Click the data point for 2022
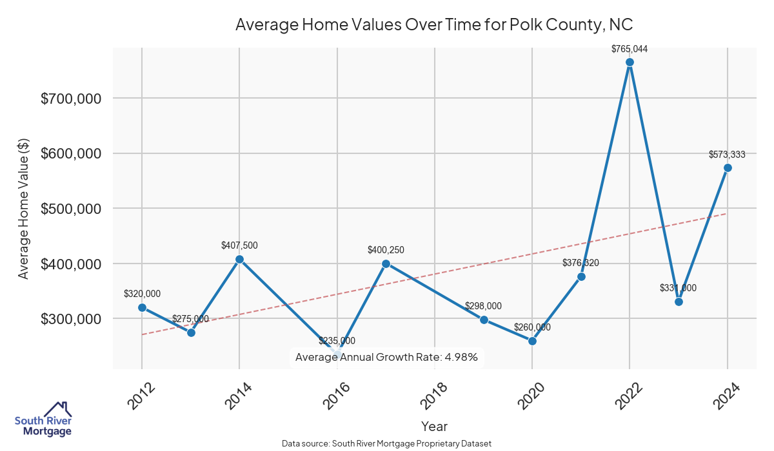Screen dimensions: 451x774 coord(630,62)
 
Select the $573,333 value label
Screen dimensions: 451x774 coord(727,155)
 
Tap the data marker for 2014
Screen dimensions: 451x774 coord(239,260)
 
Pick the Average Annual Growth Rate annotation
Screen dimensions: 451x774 coord(386,357)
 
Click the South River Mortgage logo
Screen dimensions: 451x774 coord(43,419)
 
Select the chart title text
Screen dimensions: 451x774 coord(434,24)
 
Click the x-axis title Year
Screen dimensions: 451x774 coord(434,427)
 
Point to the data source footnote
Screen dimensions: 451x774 coord(386,444)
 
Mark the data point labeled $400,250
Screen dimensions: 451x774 coord(386,264)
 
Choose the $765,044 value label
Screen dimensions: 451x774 coord(630,49)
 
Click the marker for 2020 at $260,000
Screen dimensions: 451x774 coord(532,341)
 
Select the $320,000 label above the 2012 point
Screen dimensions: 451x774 coord(142,294)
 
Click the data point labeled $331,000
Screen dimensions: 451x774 coord(679,302)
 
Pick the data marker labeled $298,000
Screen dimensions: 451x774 coord(484,320)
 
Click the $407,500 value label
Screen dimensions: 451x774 coord(239,245)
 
